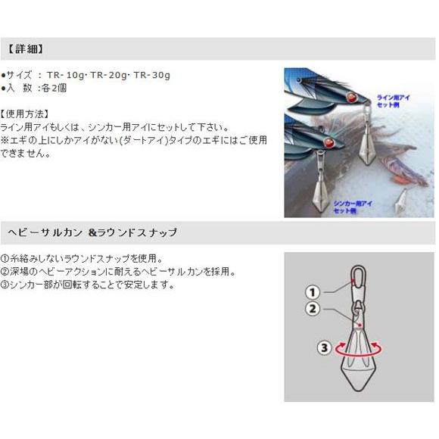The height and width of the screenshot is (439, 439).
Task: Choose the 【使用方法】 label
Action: tap(28, 114)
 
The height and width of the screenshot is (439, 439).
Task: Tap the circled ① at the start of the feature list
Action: tap(5, 258)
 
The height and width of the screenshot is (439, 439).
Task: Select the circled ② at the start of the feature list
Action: tap(5, 272)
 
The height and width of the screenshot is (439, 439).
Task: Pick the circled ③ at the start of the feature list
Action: tap(5, 285)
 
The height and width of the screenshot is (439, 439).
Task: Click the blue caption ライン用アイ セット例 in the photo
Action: tap(396, 101)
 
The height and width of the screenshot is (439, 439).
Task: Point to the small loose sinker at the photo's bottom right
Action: tap(401, 202)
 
